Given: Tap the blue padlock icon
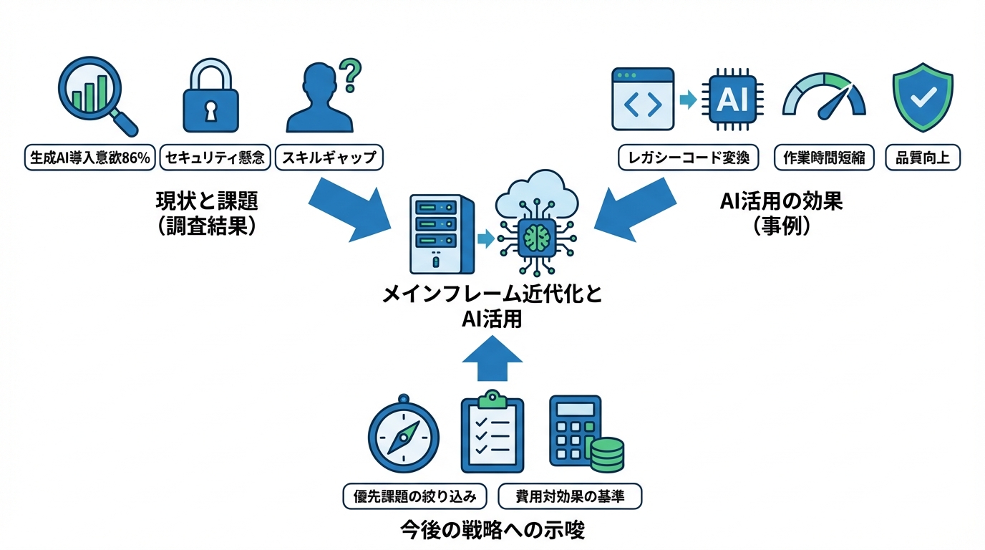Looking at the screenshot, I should click(211, 97).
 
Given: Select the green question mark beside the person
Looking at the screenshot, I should click(349, 74).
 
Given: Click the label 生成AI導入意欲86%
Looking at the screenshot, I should click(89, 158).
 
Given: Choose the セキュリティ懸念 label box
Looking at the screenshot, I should click(214, 158).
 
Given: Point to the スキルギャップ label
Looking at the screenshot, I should click(329, 158).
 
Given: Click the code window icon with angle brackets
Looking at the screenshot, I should click(642, 100).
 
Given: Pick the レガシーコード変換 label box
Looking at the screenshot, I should click(688, 158).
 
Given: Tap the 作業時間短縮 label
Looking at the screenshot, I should click(824, 158).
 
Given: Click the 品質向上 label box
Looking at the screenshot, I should click(923, 158).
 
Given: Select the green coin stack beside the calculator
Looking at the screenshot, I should click(605, 455).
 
